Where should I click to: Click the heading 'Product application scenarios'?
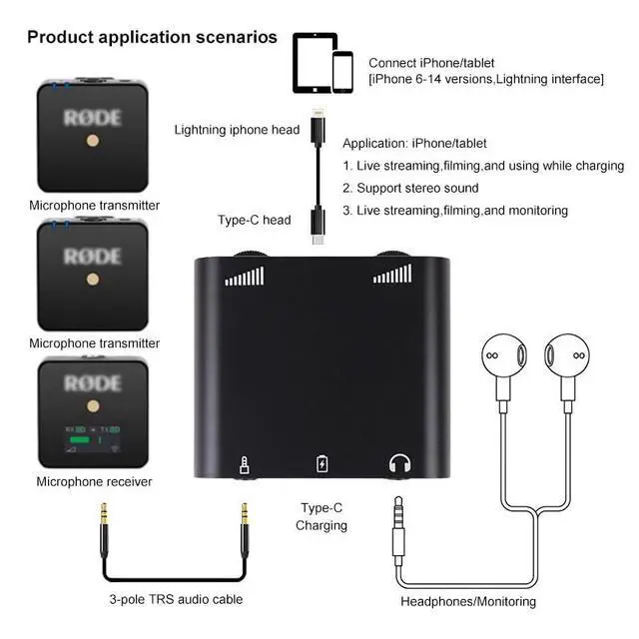(x=152, y=38)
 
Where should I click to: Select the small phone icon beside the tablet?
(x=342, y=72)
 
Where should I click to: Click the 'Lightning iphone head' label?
(x=237, y=130)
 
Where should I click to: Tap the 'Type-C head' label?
(x=255, y=220)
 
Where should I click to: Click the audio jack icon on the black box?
(x=245, y=463)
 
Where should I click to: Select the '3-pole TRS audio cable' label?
(x=175, y=599)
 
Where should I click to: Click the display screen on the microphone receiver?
(x=95, y=434)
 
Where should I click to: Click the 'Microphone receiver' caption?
(x=95, y=482)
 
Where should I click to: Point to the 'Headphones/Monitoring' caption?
(x=468, y=601)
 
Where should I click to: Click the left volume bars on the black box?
(x=245, y=275)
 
